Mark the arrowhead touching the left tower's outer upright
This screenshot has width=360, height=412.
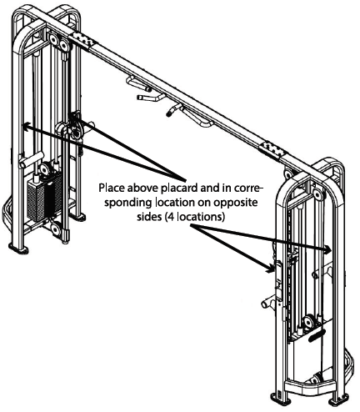coord(26,126)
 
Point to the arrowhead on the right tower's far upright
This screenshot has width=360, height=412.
coord(329,248)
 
